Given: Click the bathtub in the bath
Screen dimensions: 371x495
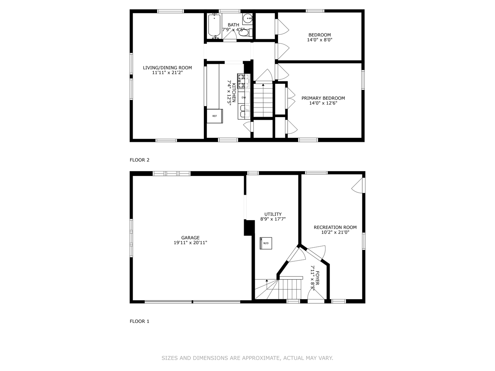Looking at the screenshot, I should [x=214, y=25].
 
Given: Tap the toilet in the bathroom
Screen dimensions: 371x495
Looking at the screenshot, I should [x=244, y=33].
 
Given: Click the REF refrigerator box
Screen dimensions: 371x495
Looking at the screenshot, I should [x=214, y=116].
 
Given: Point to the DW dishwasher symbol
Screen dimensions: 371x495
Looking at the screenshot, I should [x=244, y=98].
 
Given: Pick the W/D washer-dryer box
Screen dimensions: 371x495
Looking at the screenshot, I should [x=266, y=243].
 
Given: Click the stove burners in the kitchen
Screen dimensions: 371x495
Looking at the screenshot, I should [x=243, y=81].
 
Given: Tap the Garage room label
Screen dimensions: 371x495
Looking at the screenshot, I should [x=190, y=238].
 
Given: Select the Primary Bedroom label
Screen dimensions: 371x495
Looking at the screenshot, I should [x=323, y=98].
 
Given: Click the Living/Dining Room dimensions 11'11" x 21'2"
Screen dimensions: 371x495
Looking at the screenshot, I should [x=167, y=73].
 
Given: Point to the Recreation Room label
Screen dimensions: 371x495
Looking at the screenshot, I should [x=335, y=227].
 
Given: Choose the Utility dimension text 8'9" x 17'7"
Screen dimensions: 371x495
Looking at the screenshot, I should [x=273, y=219].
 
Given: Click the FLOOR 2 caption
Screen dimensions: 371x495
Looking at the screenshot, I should [x=140, y=160].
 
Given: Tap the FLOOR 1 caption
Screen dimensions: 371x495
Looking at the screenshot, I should [x=140, y=322].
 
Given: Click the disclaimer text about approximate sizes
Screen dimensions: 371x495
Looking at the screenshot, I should [x=247, y=358].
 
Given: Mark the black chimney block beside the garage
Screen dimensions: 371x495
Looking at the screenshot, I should [x=249, y=228].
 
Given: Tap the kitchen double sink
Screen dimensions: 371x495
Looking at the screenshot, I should [x=244, y=112].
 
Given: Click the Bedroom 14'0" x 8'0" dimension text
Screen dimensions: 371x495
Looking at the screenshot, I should [x=320, y=40].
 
